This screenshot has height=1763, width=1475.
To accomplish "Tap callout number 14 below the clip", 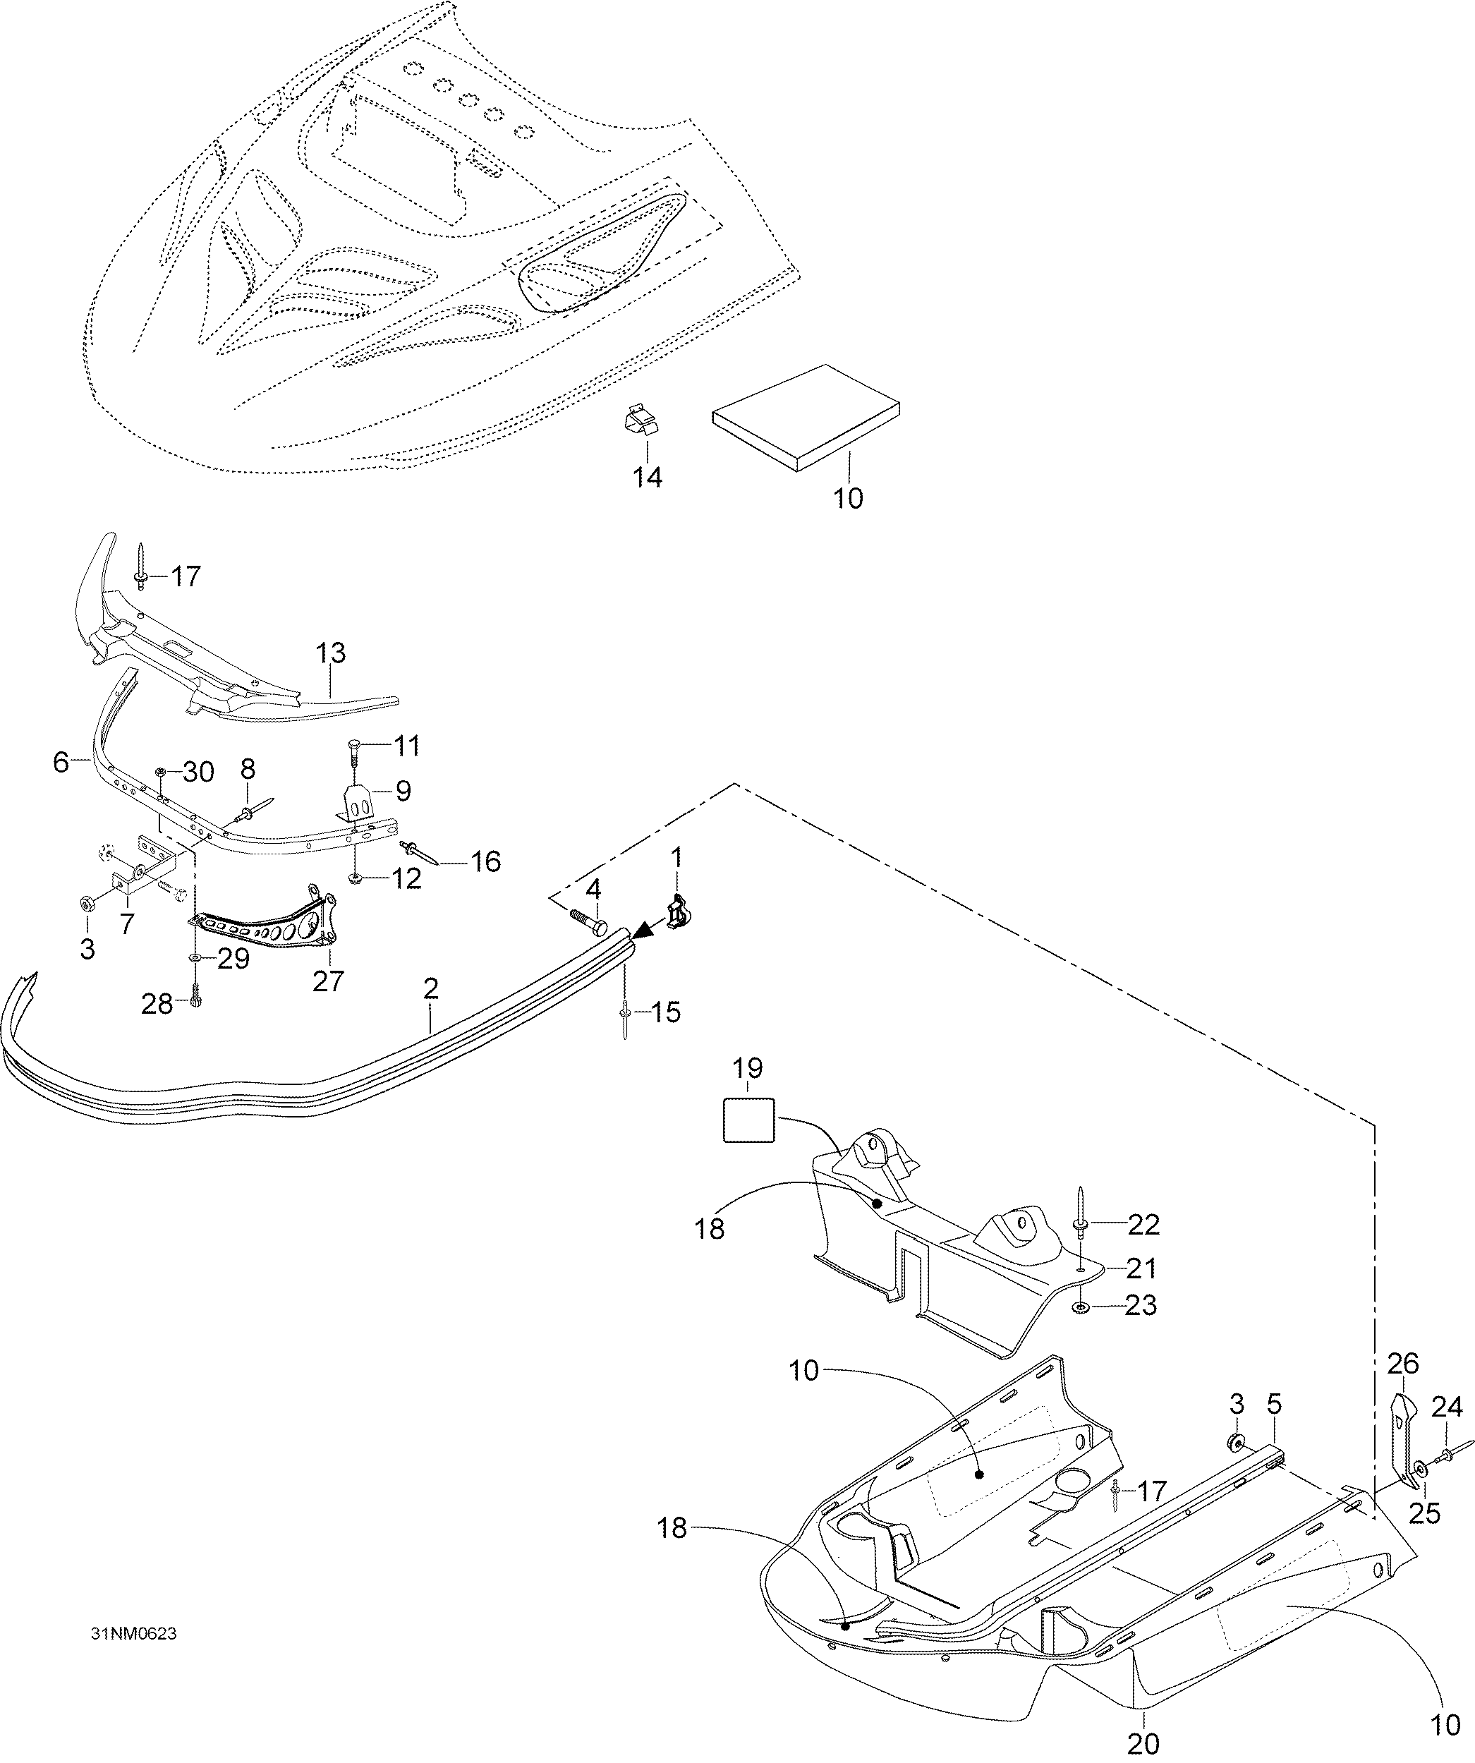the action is tap(648, 478).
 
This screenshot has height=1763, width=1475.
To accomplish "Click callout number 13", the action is tap(331, 653).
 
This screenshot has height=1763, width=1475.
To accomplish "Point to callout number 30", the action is tap(198, 772).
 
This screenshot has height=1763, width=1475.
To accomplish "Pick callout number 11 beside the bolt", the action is tap(406, 746).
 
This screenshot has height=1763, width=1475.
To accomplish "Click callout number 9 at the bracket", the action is tap(403, 791).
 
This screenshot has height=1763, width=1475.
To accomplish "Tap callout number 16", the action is tap(485, 861).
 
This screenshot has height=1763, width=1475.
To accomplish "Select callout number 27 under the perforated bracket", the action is tap(328, 981).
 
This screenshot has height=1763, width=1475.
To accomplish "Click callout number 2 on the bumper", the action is tap(431, 988).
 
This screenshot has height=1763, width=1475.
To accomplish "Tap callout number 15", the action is tap(666, 1012).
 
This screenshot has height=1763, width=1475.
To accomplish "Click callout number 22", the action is tap(1143, 1225).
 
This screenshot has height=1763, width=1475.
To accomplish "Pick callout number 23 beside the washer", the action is tap(1141, 1305).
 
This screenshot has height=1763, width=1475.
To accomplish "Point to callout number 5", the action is tap(1275, 1404).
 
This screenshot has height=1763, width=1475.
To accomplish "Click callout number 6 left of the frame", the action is tap(61, 763).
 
